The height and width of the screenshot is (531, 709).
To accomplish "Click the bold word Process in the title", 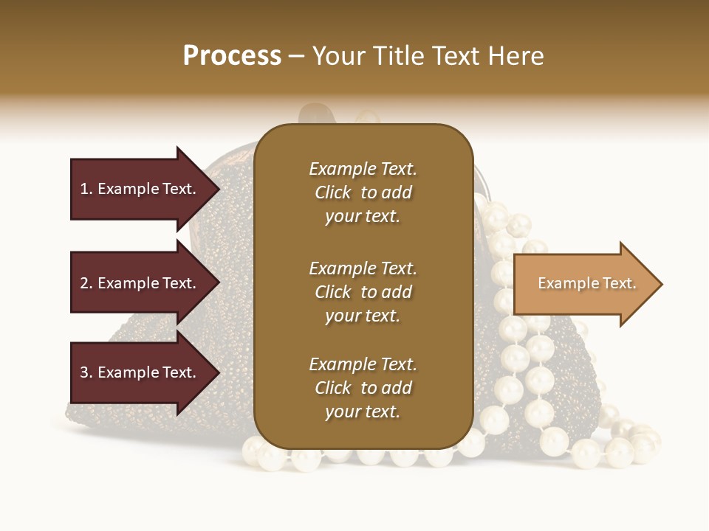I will pos(232,56).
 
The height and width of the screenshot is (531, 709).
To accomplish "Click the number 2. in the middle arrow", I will pos(86,283).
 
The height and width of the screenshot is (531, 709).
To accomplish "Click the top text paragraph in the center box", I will pos(363,192).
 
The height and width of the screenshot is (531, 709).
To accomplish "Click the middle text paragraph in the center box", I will pos(363,292).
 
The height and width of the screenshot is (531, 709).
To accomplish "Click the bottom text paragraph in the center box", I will pos(363,388).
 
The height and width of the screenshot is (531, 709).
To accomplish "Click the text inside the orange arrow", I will pos(586,283).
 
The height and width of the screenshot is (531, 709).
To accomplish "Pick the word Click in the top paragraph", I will pos(332,192).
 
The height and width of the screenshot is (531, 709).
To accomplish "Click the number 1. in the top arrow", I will pos(86,189).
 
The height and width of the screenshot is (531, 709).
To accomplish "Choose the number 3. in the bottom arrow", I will pos(86,373).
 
